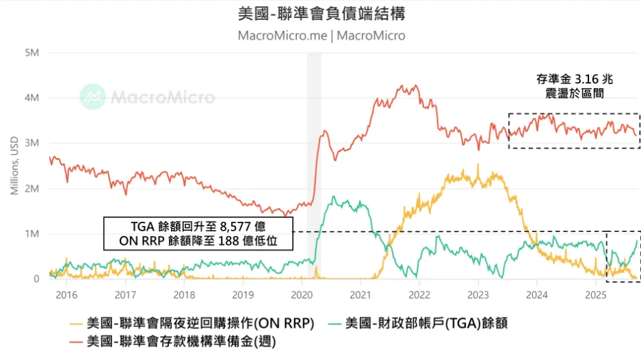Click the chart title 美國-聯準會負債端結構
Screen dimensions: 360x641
[321, 13]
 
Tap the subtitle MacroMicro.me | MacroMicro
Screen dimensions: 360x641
[321, 35]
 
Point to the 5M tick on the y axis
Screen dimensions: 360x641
[31, 53]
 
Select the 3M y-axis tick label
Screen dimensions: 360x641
[31, 143]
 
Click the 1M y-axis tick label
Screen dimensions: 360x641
[31, 234]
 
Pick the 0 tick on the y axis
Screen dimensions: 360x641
[36, 279]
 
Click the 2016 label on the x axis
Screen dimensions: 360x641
[66, 294]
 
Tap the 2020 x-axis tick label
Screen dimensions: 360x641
[301, 294]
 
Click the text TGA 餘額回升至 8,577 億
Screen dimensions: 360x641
[198, 227]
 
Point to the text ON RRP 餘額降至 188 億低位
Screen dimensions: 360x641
[198, 242]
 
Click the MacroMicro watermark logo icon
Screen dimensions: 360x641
[93, 97]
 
